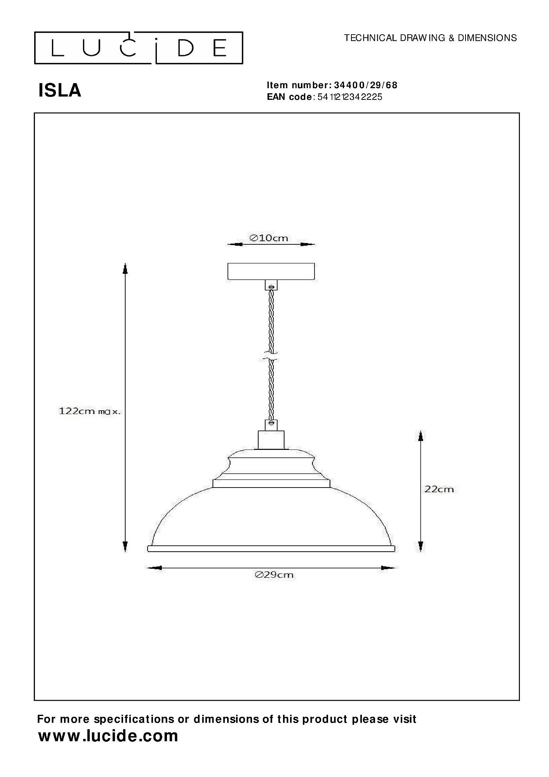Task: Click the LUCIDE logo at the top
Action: click(x=139, y=48)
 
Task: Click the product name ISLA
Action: click(x=60, y=91)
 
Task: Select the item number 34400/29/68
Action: click(x=365, y=85)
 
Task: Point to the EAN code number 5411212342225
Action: click(x=349, y=97)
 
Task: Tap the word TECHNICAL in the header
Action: click(x=370, y=38)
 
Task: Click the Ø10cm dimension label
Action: click(x=269, y=238)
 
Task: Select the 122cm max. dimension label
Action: click(x=89, y=411)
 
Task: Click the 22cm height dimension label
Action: click(x=439, y=489)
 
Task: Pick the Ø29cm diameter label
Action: click(x=274, y=575)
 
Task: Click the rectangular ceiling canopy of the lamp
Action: click(x=271, y=271)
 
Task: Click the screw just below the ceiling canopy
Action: click(x=271, y=287)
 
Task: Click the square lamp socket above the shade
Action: click(x=271, y=439)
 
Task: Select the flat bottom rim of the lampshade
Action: click(x=271, y=549)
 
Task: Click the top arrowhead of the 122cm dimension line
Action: click(x=125, y=268)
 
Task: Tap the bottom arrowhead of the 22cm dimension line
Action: click(x=420, y=545)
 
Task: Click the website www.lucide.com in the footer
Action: click(x=108, y=736)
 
